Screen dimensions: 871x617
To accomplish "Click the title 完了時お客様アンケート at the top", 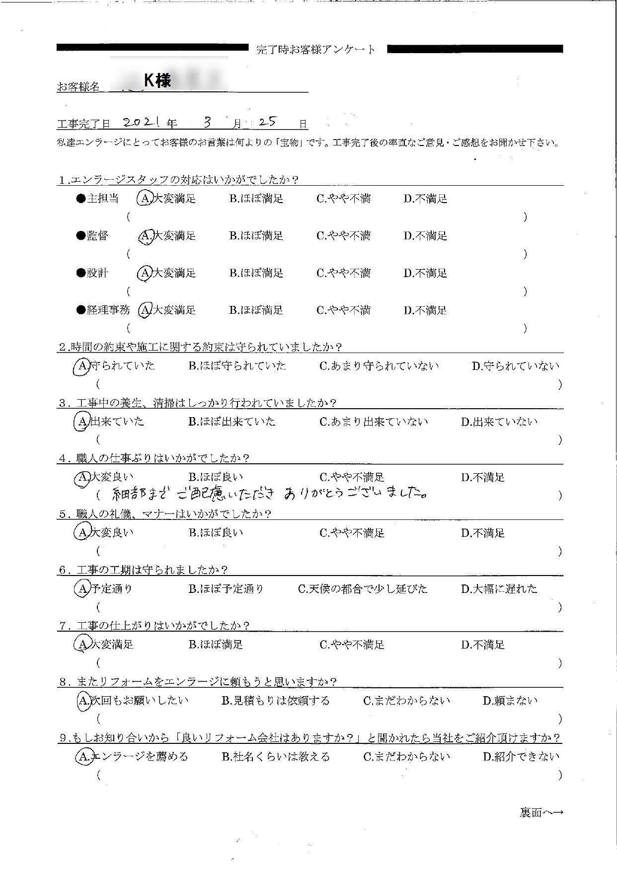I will (x=316, y=50).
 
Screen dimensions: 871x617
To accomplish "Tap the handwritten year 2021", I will (x=141, y=123).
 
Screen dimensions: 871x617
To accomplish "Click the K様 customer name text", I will (x=157, y=80).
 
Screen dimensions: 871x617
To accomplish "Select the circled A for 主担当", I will (x=144, y=199).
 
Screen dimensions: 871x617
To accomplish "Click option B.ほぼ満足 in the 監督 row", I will (x=256, y=236).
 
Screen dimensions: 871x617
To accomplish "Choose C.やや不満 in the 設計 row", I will (x=343, y=274).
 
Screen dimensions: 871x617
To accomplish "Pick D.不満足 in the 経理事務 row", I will (x=425, y=311).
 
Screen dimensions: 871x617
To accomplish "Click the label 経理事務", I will (x=108, y=311).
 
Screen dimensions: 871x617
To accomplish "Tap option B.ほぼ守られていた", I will (x=237, y=366).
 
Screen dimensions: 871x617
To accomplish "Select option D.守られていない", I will (x=515, y=366).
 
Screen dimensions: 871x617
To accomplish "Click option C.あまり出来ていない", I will (x=374, y=422).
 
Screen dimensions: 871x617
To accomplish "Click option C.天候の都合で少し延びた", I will (x=363, y=589).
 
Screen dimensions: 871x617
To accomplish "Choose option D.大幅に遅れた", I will (x=499, y=589).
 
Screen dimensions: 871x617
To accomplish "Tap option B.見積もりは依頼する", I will (x=275, y=701).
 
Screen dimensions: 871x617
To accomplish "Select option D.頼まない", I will (x=510, y=701).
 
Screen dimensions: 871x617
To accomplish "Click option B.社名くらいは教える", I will (x=275, y=757).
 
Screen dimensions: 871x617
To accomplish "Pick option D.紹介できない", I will (x=521, y=757).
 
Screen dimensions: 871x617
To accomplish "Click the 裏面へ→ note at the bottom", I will (x=541, y=813).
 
